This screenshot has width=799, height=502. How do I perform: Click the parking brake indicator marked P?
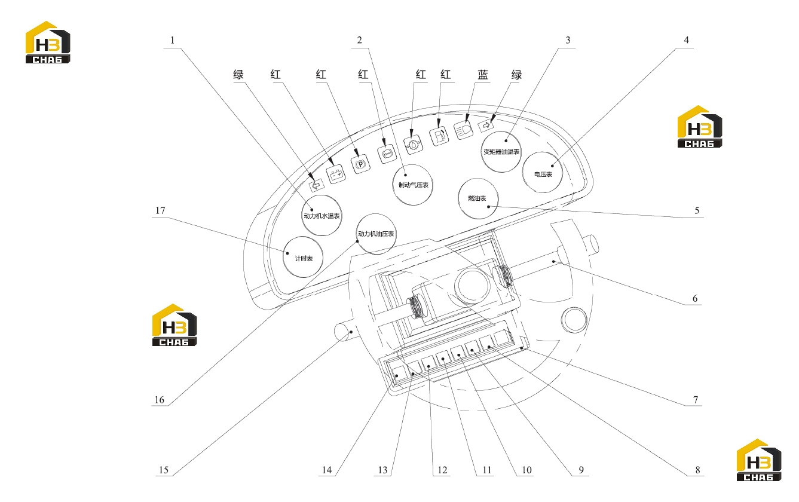[x=361, y=164]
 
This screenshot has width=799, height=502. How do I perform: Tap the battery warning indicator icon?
[x=336, y=175]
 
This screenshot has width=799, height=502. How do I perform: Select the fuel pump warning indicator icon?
[x=439, y=136]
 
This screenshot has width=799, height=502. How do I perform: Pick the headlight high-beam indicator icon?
[x=464, y=130]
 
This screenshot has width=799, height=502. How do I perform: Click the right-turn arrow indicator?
[x=485, y=125]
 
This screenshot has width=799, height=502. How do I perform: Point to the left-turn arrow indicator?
[x=316, y=185]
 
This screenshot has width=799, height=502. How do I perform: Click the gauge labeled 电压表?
[x=543, y=173]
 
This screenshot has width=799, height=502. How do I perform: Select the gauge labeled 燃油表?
[x=477, y=199]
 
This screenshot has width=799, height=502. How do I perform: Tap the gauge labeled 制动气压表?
[x=413, y=185]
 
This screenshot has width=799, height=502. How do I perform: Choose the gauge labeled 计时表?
[x=303, y=257]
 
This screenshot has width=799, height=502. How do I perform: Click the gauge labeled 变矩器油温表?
[x=501, y=152]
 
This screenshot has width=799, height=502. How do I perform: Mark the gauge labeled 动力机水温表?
[x=322, y=215]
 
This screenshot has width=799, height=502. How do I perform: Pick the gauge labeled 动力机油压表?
[x=376, y=234]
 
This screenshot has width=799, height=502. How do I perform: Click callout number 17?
[x=160, y=210]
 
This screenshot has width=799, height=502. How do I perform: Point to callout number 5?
[x=697, y=210]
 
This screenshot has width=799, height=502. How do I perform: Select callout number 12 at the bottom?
[x=442, y=470]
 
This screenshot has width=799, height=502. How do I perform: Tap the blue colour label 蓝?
[x=483, y=75]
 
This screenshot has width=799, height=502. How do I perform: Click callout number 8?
[x=697, y=470]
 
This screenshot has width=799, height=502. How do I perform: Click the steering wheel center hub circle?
[x=472, y=286]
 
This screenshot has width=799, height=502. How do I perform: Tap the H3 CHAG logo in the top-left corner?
[x=48, y=42]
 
